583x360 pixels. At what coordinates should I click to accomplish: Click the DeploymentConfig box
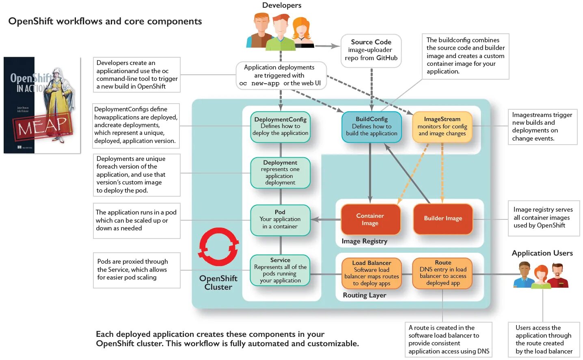(x=280, y=127)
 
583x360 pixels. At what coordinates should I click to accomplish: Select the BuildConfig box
(x=371, y=127)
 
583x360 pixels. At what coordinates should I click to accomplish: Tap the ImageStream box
(x=442, y=127)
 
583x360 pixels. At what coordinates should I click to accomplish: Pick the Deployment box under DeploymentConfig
(x=280, y=173)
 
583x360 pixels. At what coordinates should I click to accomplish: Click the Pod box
(x=280, y=220)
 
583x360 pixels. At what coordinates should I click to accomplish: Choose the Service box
(x=280, y=270)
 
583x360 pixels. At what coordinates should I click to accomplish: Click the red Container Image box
(x=370, y=219)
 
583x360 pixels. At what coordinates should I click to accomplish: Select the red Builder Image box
(x=443, y=219)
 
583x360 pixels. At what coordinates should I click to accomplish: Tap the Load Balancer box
(x=371, y=273)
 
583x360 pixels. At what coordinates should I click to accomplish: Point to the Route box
(x=443, y=273)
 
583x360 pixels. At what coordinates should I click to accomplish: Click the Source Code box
(x=371, y=50)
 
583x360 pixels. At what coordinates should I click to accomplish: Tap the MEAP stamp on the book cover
(x=42, y=126)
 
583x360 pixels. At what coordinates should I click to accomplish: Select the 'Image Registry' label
(x=364, y=241)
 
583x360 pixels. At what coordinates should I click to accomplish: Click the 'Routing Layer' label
(x=364, y=295)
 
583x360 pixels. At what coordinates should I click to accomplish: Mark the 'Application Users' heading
(x=542, y=253)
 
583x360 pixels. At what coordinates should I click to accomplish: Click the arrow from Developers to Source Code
(x=327, y=46)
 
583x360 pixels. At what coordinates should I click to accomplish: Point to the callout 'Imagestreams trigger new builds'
(x=542, y=127)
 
